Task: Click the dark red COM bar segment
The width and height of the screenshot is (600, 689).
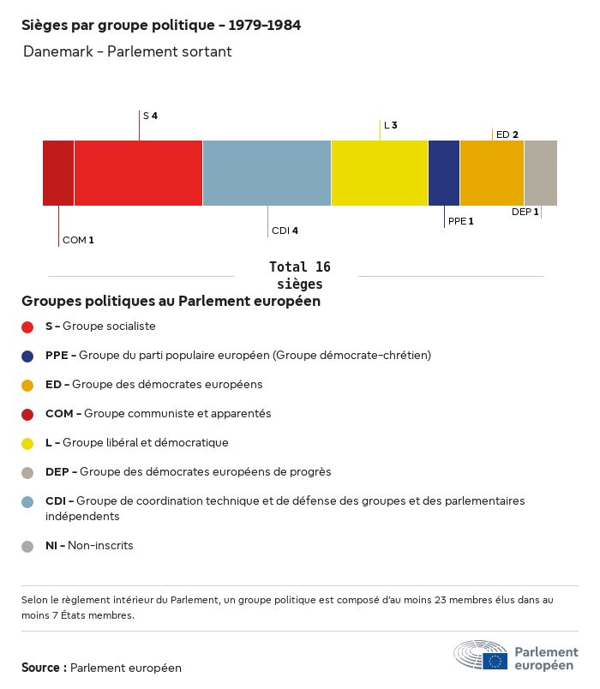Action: (x=58, y=173)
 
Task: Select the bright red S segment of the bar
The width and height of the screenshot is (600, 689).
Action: (x=138, y=173)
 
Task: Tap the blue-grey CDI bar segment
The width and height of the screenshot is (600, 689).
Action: (x=267, y=173)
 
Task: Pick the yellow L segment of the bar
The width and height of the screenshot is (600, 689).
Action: (x=379, y=173)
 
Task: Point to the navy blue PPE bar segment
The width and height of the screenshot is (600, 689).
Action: (x=444, y=173)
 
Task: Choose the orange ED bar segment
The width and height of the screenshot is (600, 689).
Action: (x=492, y=173)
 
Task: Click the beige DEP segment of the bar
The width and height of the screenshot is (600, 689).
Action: (x=540, y=173)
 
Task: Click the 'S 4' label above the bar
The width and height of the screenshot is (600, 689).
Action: (x=150, y=116)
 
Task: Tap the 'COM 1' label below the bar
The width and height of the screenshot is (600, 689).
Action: (x=78, y=240)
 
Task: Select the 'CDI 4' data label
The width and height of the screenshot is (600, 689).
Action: (x=285, y=231)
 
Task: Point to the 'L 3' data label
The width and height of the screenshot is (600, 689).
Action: (x=390, y=125)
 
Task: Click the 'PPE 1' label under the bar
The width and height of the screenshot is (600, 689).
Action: (x=460, y=221)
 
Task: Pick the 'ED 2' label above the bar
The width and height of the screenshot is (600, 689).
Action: (x=507, y=135)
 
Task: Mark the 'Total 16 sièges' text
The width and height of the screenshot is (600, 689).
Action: (x=299, y=276)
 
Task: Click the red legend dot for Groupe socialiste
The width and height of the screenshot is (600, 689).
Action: (x=27, y=327)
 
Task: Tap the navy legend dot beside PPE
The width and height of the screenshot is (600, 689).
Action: (x=27, y=356)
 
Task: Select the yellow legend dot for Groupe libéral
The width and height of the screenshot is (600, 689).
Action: (x=27, y=443)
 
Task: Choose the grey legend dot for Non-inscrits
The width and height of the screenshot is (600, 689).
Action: (x=27, y=546)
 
